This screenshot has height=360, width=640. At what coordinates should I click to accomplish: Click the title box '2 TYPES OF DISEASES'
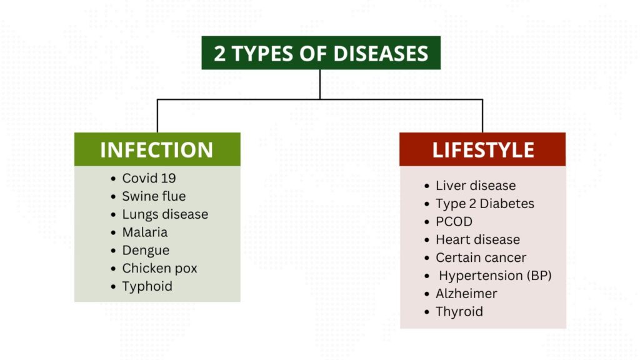pos(321,53)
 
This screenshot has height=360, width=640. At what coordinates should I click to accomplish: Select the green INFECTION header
pos(157,149)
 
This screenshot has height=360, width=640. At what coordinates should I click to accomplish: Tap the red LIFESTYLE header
pos(482,149)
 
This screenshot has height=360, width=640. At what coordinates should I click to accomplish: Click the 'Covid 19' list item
pos(149,178)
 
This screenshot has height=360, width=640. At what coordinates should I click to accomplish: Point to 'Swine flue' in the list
pos(154,196)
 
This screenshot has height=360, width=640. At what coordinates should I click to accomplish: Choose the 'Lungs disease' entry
pos(165,215)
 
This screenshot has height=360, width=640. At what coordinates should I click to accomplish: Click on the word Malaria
pos(145,232)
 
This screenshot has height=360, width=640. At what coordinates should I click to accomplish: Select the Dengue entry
pos(146,251)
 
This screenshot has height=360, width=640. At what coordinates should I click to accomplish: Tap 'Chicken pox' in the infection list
pos(159,269)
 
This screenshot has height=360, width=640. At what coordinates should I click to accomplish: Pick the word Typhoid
pos(147,286)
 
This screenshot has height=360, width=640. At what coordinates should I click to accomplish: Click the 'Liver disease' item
pos(476,186)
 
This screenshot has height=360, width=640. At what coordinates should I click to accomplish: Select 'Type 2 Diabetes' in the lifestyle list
pos(485,204)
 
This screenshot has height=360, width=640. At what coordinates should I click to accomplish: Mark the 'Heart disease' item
pos(477,239)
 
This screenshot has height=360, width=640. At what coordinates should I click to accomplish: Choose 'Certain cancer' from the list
pos(481,257)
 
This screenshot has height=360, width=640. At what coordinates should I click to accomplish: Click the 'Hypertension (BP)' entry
pos(495,276)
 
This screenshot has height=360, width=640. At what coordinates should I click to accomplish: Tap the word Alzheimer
pos(466,294)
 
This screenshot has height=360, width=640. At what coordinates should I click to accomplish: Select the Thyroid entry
pos(459,312)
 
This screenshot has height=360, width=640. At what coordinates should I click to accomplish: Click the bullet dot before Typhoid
pos(113,286)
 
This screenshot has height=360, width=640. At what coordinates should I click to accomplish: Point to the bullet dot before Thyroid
pos(427,312)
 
